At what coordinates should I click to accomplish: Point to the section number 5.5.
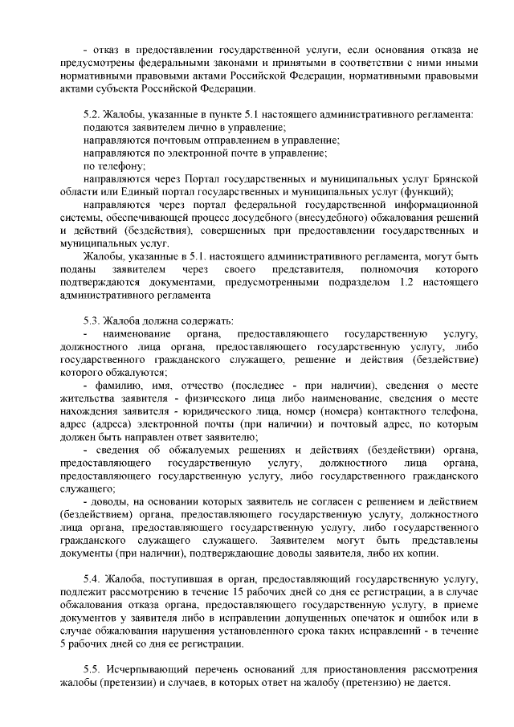tap(92, 669)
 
